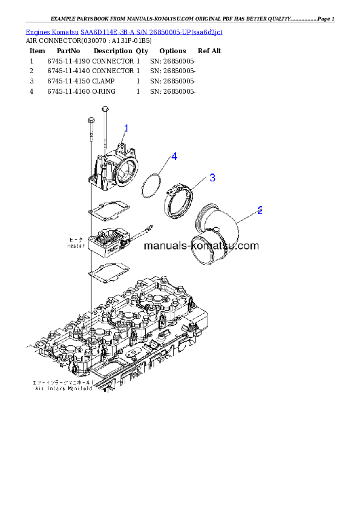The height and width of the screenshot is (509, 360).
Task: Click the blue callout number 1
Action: coord(126,128)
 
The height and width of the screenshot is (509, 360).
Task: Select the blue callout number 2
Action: coord(260,210)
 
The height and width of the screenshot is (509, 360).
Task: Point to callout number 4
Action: coord(174,157)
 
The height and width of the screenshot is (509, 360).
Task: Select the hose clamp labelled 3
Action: coord(180,200)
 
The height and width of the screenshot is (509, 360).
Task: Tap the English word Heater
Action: coord(76,246)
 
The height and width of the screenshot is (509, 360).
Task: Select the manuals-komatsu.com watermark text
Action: coord(201,246)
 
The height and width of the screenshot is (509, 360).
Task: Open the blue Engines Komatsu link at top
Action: coord(124,31)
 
